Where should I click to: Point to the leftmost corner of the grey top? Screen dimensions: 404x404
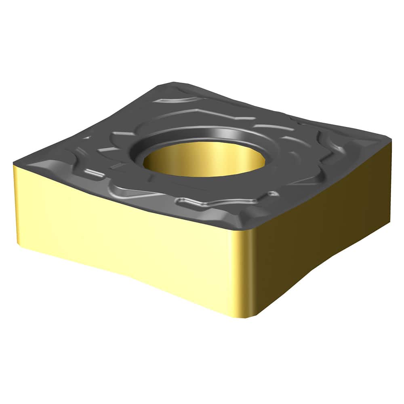coord(15,164)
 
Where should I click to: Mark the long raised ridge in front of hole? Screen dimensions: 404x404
coord(202,202)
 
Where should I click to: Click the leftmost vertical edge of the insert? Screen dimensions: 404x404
coord(15,202)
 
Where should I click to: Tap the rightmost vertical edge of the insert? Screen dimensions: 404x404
coord(390,182)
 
